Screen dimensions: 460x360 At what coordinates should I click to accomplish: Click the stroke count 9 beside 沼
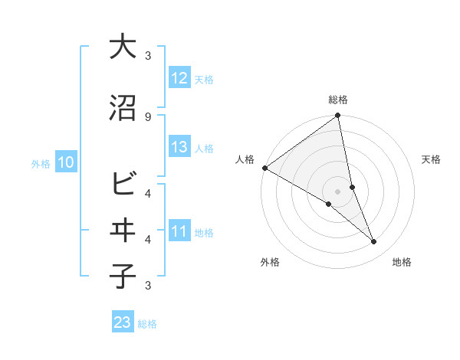pos(148,116)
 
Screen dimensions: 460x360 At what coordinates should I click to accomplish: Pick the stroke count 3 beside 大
pos(148,56)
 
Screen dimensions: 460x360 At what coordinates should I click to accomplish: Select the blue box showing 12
pos(179,77)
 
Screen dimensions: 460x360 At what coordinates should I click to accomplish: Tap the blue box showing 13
pos(179,147)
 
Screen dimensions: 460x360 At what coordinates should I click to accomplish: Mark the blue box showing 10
pos(66,162)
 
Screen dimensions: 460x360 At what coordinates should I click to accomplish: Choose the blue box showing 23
pos(123,322)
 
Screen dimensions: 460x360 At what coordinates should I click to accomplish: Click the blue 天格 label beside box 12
pos(204,79)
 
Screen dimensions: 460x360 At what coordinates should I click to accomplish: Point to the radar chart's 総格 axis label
pos(337,100)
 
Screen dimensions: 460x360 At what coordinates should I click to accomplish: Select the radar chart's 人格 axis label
pos(245,159)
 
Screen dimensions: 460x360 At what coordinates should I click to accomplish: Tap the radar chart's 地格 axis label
pos(402,262)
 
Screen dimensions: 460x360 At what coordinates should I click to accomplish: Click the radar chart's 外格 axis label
pos(270,262)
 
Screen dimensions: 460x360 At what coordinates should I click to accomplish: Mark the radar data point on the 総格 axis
pos(337,116)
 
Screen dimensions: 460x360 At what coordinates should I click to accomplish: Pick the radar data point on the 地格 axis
pos(373,241)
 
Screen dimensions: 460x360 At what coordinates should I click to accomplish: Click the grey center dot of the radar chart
pos(337,191)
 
